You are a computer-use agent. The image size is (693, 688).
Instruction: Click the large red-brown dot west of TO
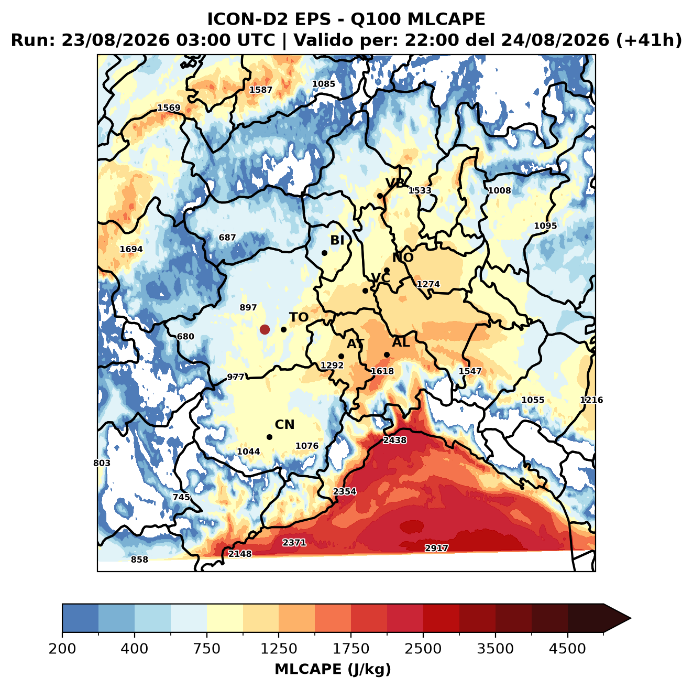pyautogui.click(x=265, y=329)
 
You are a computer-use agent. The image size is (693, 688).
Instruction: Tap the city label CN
pyautogui.click(x=284, y=425)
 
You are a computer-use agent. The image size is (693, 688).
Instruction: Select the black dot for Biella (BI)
pyautogui.click(x=324, y=253)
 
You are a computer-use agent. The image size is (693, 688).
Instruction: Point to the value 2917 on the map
pyautogui.click(x=436, y=548)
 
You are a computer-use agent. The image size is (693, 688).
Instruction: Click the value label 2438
pyautogui.click(x=394, y=440)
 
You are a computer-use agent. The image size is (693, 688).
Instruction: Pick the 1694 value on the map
pyautogui.click(x=131, y=249)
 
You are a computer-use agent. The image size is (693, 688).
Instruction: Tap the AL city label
pyautogui.click(x=401, y=342)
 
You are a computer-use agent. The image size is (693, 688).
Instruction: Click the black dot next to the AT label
pyautogui.click(x=341, y=357)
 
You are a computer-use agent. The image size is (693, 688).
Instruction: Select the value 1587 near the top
pyautogui.click(x=261, y=90)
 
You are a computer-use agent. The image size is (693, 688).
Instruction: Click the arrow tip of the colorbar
pyautogui.click(x=631, y=618)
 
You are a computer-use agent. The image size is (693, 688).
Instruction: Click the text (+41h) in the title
pyautogui.click(x=649, y=40)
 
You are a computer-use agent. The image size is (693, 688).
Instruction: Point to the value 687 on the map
pyautogui.click(x=227, y=238)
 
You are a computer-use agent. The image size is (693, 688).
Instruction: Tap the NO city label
pyautogui.click(x=403, y=258)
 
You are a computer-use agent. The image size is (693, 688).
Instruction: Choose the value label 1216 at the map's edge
pyautogui.click(x=591, y=400)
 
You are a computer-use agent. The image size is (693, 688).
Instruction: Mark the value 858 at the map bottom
pyautogui.click(x=139, y=560)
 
